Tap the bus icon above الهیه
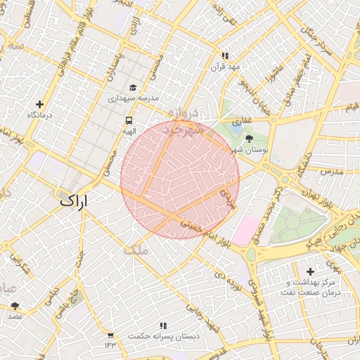pyautogui.click(x=129, y=120)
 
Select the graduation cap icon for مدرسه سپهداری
pyautogui.click(x=133, y=88)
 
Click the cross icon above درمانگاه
pyautogui.click(x=39, y=104)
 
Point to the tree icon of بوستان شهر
pyautogui.click(x=249, y=139)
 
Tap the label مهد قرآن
pyautogui.click(x=225, y=67)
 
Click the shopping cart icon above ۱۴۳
pyautogui.click(x=110, y=335)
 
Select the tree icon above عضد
pyautogui.click(x=15, y=306)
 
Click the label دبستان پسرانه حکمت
pyautogui.click(x=163, y=337)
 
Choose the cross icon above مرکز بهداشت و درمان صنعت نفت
pyautogui.click(x=310, y=271)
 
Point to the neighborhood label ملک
pyautogui.click(x=136, y=250)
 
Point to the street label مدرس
pyautogui.click(x=330, y=172)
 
